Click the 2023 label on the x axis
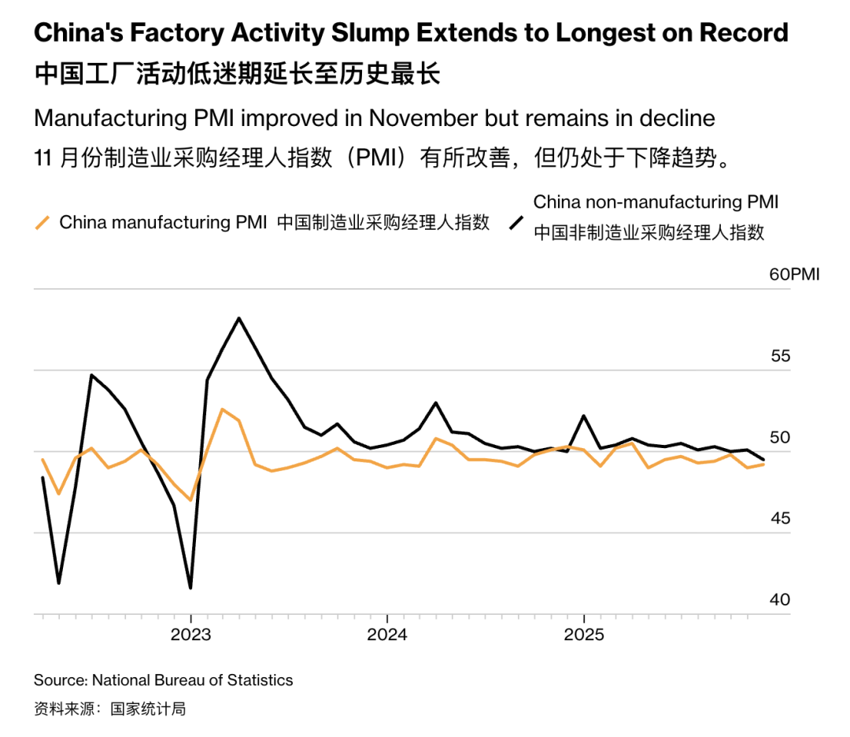click(190, 635)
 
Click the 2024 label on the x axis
click(386, 635)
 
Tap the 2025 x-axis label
click(583, 635)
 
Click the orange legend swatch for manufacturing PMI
click(43, 223)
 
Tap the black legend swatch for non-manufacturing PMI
click(516, 223)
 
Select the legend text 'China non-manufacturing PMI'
click(656, 202)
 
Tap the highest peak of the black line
click(238, 318)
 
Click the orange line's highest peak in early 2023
click(223, 409)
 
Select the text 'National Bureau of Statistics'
click(192, 680)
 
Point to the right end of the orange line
click(763, 465)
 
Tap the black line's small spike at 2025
click(583, 416)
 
